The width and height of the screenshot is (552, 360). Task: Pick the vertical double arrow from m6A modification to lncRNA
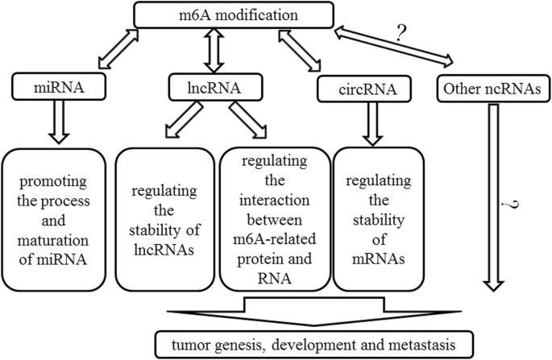point(213,49)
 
